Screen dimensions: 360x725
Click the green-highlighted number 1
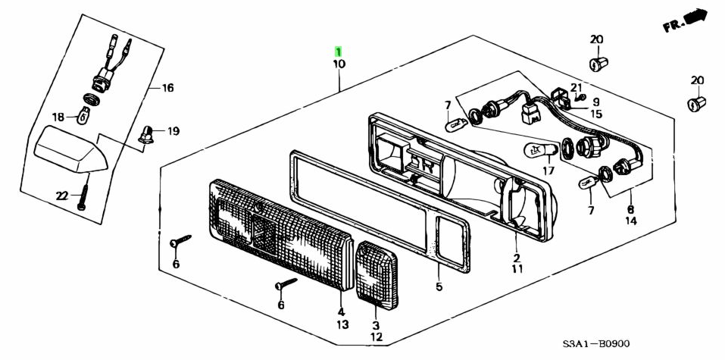coord(339,52)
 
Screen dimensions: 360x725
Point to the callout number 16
coord(167,88)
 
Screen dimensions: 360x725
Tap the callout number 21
coord(576,87)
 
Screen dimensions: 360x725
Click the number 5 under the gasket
coord(439,286)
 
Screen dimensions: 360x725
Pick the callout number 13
coord(342,324)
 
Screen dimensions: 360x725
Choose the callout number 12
coord(377,337)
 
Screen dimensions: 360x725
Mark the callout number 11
coord(517,268)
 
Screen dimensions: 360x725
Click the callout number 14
coord(630,221)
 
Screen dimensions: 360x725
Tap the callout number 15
coord(596,114)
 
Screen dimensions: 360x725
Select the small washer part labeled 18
coord(84,115)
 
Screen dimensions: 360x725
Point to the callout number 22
coord(62,196)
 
